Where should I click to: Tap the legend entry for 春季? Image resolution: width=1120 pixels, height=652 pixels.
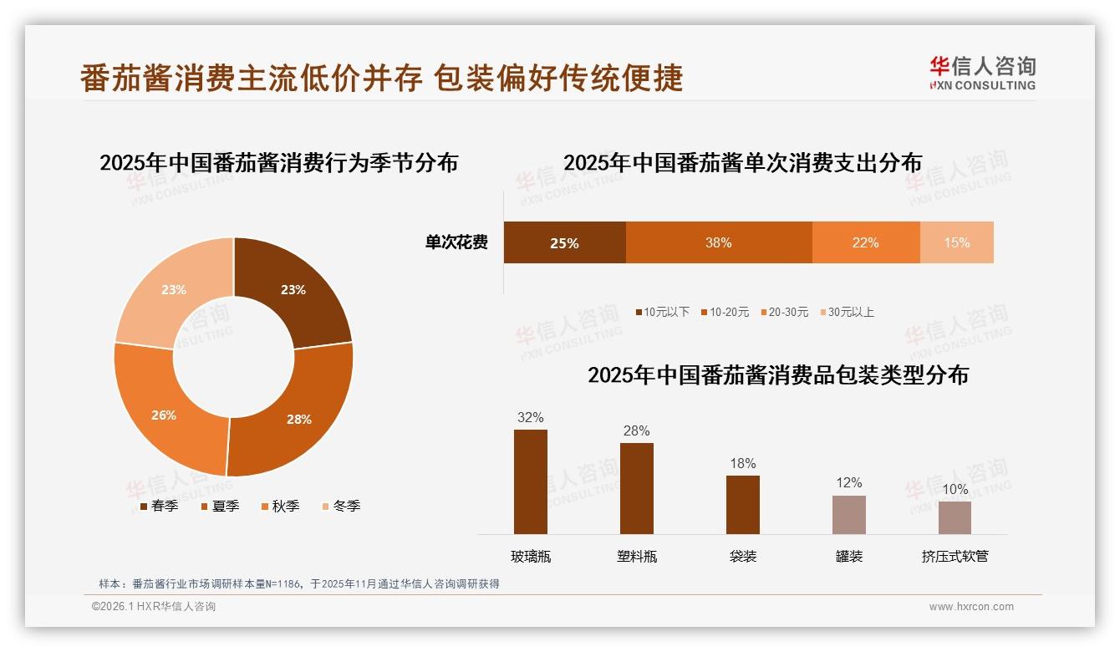(x=159, y=506)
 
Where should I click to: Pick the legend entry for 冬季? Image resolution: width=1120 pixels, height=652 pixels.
(x=340, y=506)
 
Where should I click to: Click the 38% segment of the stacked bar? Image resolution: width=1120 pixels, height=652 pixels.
(x=718, y=242)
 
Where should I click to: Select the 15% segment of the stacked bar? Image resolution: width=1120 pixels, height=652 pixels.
(x=956, y=242)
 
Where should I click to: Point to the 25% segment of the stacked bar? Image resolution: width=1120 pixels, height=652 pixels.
(x=564, y=242)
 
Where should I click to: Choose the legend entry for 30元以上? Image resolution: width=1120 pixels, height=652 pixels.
(x=847, y=312)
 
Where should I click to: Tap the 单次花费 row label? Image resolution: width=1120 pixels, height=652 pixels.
(x=456, y=242)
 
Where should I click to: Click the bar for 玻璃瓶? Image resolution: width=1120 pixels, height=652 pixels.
(x=530, y=481)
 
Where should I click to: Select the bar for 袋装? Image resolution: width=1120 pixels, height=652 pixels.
(x=742, y=504)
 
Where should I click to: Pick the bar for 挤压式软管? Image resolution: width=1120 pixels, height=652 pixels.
(x=955, y=517)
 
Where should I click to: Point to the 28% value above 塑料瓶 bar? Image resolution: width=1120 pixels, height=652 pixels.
(x=636, y=431)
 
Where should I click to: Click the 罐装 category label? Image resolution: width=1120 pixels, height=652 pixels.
(x=848, y=556)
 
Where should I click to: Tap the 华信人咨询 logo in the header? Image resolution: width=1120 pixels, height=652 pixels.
(x=982, y=73)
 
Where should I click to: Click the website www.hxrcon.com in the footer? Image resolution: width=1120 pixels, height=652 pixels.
(x=971, y=607)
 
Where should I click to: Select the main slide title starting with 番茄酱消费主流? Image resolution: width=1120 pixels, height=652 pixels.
(x=382, y=78)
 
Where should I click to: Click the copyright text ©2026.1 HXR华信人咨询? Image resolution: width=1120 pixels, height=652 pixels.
(x=154, y=607)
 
